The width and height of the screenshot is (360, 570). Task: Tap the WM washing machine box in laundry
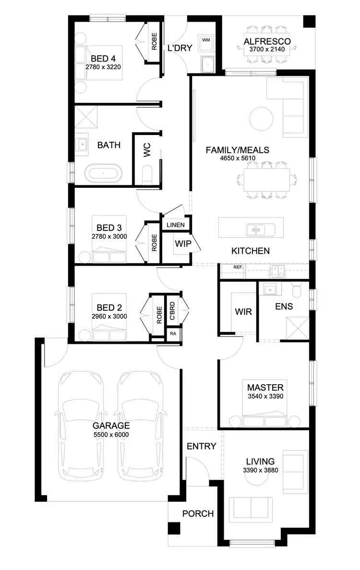pyautogui.click(x=206, y=40)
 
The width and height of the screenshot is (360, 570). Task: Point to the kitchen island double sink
pyautogui.click(x=256, y=230)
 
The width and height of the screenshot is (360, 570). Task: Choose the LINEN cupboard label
pyautogui.click(x=175, y=224)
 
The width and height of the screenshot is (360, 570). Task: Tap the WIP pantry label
pyautogui.click(x=183, y=243)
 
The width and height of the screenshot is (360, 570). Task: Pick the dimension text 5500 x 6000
pyautogui.click(x=111, y=435)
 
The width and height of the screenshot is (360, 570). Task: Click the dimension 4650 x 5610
pyautogui.click(x=237, y=158)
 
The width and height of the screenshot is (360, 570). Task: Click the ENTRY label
pyautogui.click(x=201, y=446)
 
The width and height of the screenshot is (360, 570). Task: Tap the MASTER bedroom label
pyautogui.click(x=265, y=387)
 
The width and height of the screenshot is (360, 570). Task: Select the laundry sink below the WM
pyautogui.click(x=207, y=64)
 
